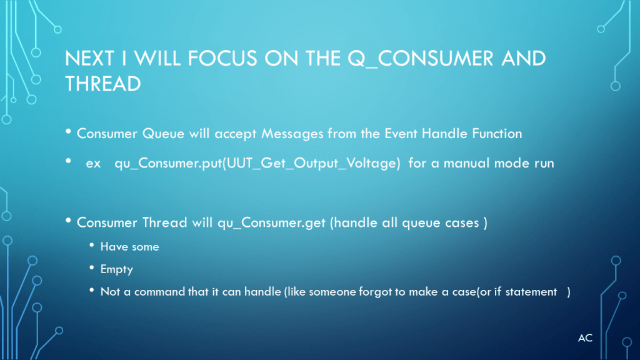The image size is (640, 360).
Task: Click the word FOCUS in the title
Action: [222, 58]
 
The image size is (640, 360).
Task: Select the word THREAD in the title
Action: [103, 84]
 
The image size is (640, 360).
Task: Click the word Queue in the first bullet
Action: [163, 134]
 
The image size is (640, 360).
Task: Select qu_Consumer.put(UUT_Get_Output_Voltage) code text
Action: [257, 163]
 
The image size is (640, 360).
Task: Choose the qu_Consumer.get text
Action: [271, 223]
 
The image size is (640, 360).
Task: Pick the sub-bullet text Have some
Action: [130, 247]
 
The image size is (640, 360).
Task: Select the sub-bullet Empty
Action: [117, 270]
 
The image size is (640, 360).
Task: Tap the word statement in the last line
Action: [531, 292]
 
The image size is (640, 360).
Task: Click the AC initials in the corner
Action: [585, 338]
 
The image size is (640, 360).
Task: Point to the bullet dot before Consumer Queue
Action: [68, 131]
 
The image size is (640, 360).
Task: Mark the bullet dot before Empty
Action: [92, 267]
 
